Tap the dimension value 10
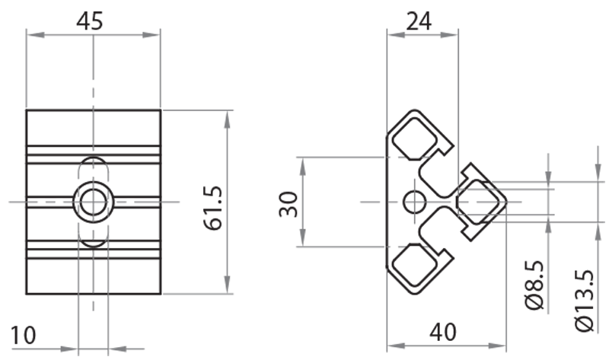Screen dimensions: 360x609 (23, 334)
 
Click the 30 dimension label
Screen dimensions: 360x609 (288, 203)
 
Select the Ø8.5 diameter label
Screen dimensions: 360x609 (535, 285)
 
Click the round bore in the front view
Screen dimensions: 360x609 (94, 202)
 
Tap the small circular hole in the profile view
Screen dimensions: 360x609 (415, 202)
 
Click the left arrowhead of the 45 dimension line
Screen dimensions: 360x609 (31, 34)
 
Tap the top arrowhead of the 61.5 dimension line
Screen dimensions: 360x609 (227, 115)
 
